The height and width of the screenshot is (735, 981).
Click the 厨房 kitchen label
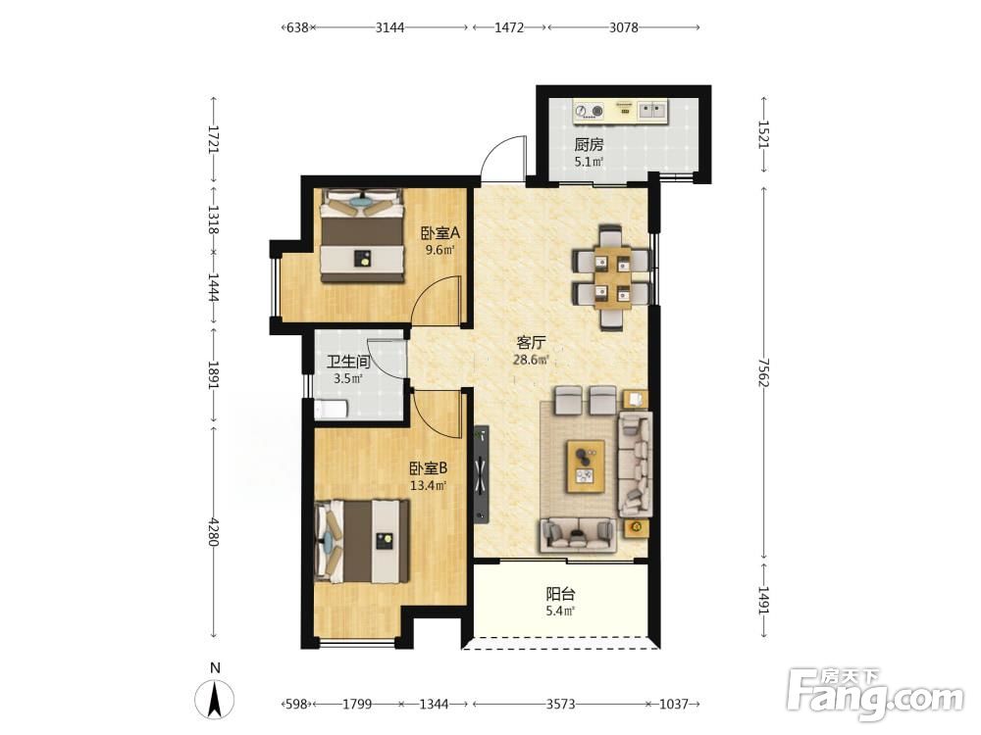tap(589, 144)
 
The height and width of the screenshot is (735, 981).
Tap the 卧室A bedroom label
tap(439, 233)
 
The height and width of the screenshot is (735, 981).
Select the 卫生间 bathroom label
tap(348, 362)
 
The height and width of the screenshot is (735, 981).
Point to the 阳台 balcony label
tap(560, 594)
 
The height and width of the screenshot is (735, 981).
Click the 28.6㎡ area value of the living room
tap(531, 360)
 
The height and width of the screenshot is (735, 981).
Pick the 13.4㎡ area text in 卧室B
tap(428, 485)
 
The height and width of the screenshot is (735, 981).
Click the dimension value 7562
tap(762, 371)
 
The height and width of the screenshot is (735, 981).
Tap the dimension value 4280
tap(213, 531)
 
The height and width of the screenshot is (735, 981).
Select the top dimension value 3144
tap(389, 27)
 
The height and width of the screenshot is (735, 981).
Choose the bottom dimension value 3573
tap(560, 705)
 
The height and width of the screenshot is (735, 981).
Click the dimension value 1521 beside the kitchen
tap(762, 134)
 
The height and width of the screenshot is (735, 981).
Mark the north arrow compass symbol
tap(215, 698)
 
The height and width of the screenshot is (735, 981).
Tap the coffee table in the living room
tap(586, 465)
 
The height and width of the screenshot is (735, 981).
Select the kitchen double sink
tap(652, 111)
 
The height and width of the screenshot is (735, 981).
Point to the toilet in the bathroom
tap(330, 410)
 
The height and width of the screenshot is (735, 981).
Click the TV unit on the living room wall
tap(481, 472)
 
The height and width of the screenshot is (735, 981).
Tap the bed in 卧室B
tap(362, 541)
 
